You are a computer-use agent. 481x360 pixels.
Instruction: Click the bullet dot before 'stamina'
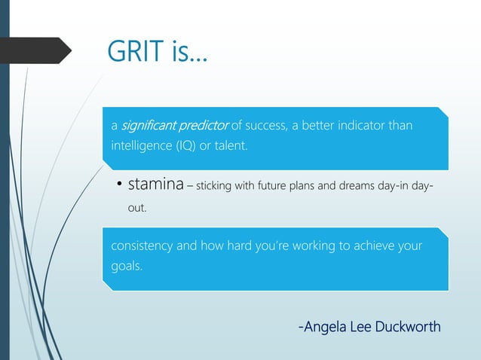coord(118,186)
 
